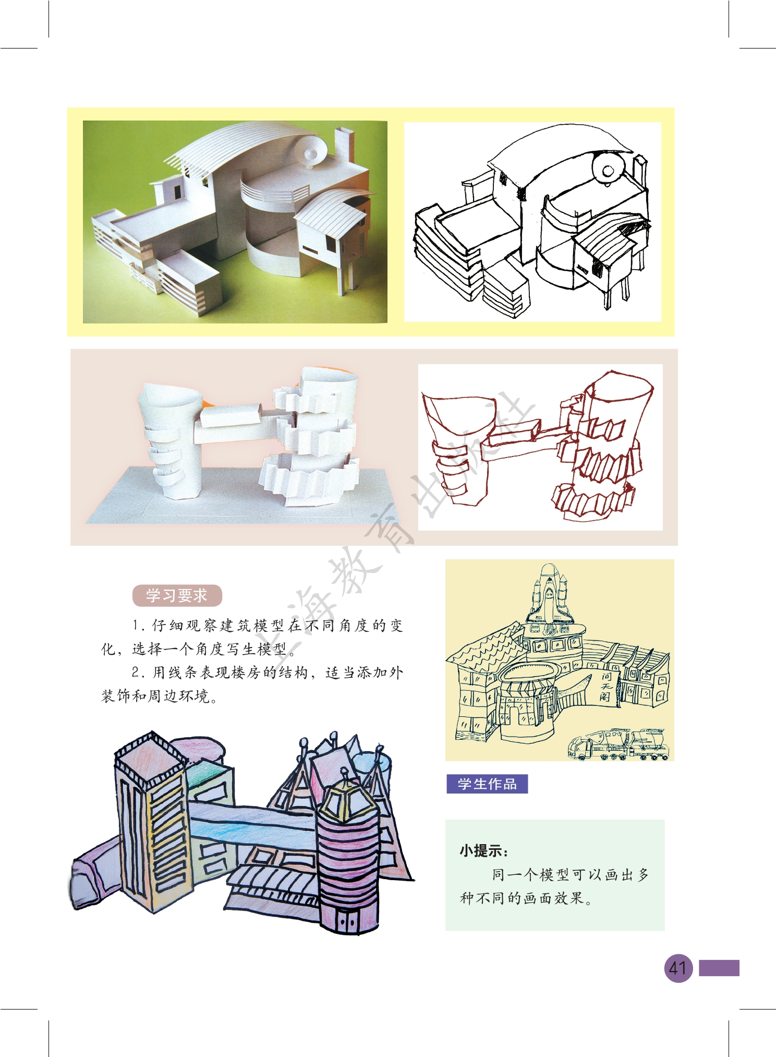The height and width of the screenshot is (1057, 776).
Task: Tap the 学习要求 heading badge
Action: (177, 595)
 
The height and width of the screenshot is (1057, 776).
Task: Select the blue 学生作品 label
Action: (487, 784)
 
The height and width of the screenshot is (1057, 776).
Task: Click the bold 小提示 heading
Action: (483, 851)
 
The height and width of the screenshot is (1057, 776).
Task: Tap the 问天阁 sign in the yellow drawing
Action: (607, 687)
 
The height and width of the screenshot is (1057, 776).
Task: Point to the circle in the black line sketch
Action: (608, 170)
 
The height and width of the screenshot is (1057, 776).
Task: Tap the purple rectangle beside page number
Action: (719, 968)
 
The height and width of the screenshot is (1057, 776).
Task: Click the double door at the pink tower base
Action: (344, 920)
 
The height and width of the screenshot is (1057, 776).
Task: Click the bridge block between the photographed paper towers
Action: (229, 416)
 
